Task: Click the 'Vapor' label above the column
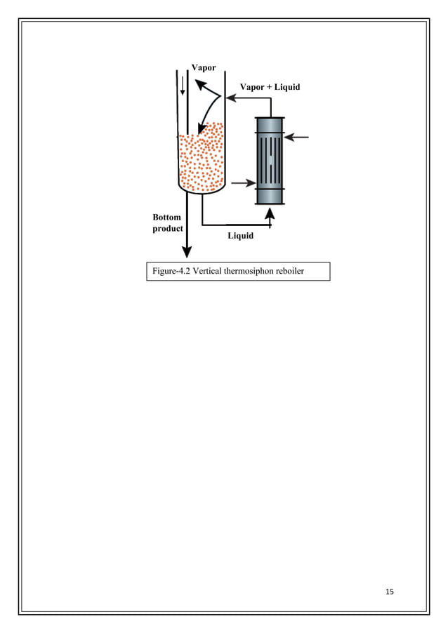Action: (x=204, y=67)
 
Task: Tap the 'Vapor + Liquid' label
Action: (x=270, y=87)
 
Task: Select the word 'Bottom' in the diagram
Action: (x=166, y=217)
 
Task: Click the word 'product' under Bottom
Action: (x=168, y=229)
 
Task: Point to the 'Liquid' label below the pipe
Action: (x=240, y=236)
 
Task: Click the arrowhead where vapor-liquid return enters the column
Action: (x=230, y=99)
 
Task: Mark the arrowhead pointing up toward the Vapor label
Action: (x=199, y=84)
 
